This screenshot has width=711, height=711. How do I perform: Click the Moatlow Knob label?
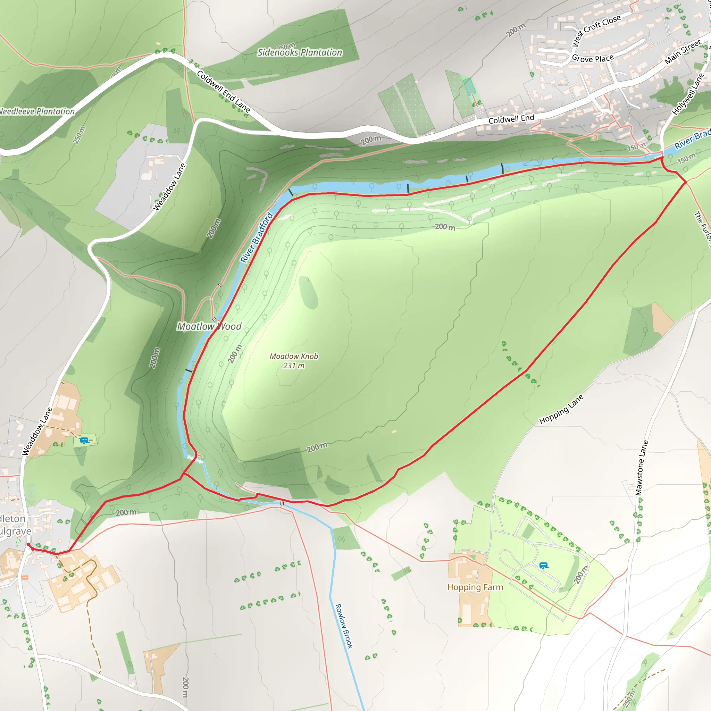294,356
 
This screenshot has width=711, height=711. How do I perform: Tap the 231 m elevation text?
294,366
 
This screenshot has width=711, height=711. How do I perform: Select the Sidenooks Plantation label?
300,53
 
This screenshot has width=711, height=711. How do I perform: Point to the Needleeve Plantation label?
37,111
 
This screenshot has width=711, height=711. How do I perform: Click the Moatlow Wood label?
209,326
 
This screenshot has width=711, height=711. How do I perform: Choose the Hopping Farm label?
475,587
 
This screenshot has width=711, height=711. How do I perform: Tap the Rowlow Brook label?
344,626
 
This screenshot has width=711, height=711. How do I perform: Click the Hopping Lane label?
561,409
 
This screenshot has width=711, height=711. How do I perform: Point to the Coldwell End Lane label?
223,91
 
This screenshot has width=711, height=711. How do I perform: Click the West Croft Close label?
596,30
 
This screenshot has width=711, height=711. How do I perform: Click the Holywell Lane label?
688,94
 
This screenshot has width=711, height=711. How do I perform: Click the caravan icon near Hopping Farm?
544,566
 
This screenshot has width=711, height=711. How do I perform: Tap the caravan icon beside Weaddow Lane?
85,441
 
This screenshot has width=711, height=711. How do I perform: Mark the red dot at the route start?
28,544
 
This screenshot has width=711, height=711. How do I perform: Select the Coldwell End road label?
511,119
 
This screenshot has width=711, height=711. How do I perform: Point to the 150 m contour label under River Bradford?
686,158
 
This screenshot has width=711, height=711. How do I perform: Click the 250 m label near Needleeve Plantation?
79,135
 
